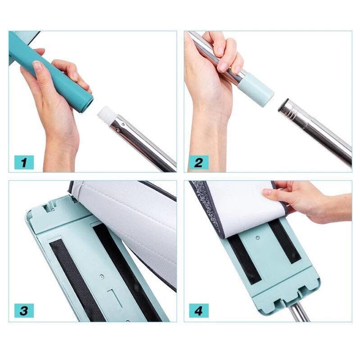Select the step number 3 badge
point(24,311)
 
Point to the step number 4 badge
point(198,311)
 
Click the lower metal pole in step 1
point(144,144)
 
